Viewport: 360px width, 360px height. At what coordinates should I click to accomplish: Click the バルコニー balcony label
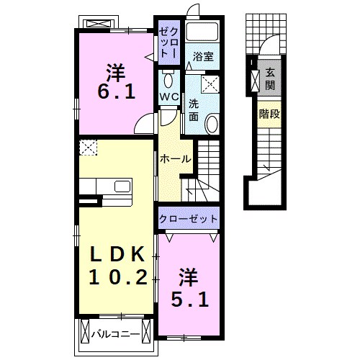[115, 333]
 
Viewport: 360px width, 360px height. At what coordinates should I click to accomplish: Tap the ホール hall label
[175, 158]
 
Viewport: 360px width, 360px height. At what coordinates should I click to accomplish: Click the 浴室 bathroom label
[201, 57]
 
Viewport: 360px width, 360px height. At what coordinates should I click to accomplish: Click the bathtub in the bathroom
[202, 33]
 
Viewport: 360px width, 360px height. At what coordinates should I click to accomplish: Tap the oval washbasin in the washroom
[212, 124]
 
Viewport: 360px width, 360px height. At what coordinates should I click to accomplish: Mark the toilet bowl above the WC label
[168, 77]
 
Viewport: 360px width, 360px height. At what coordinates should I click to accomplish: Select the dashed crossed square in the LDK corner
[87, 148]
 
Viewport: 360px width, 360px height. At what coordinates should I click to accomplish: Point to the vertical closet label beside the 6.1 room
[166, 42]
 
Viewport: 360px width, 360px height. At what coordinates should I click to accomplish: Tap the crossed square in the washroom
[210, 85]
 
